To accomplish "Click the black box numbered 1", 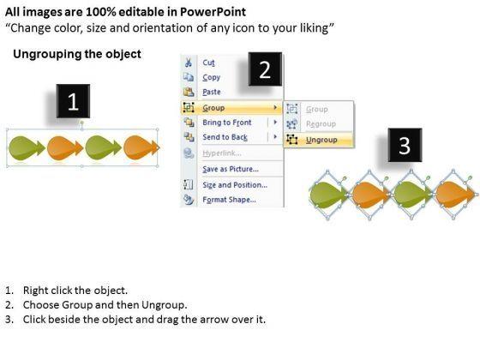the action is (73, 101).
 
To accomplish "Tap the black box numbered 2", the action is (265, 69).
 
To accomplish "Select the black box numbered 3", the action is (405, 145).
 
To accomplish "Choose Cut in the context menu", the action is (209, 63).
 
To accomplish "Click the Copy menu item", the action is (211, 77).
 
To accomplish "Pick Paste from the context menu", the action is (212, 92).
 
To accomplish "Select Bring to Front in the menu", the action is (227, 123).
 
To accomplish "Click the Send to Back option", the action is (225, 137).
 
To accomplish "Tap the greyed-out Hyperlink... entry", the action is (222, 153).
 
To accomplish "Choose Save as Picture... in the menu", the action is (231, 169).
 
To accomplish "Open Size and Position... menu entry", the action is (235, 185).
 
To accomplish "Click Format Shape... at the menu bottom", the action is (230, 200).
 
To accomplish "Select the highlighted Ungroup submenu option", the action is (321, 140).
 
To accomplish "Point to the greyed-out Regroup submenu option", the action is (321, 124).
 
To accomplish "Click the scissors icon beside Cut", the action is (189, 63).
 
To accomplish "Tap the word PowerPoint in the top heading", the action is (213, 12).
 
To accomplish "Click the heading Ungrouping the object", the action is (77, 54).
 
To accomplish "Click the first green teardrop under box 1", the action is (27, 148).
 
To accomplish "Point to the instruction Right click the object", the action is (75, 291).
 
